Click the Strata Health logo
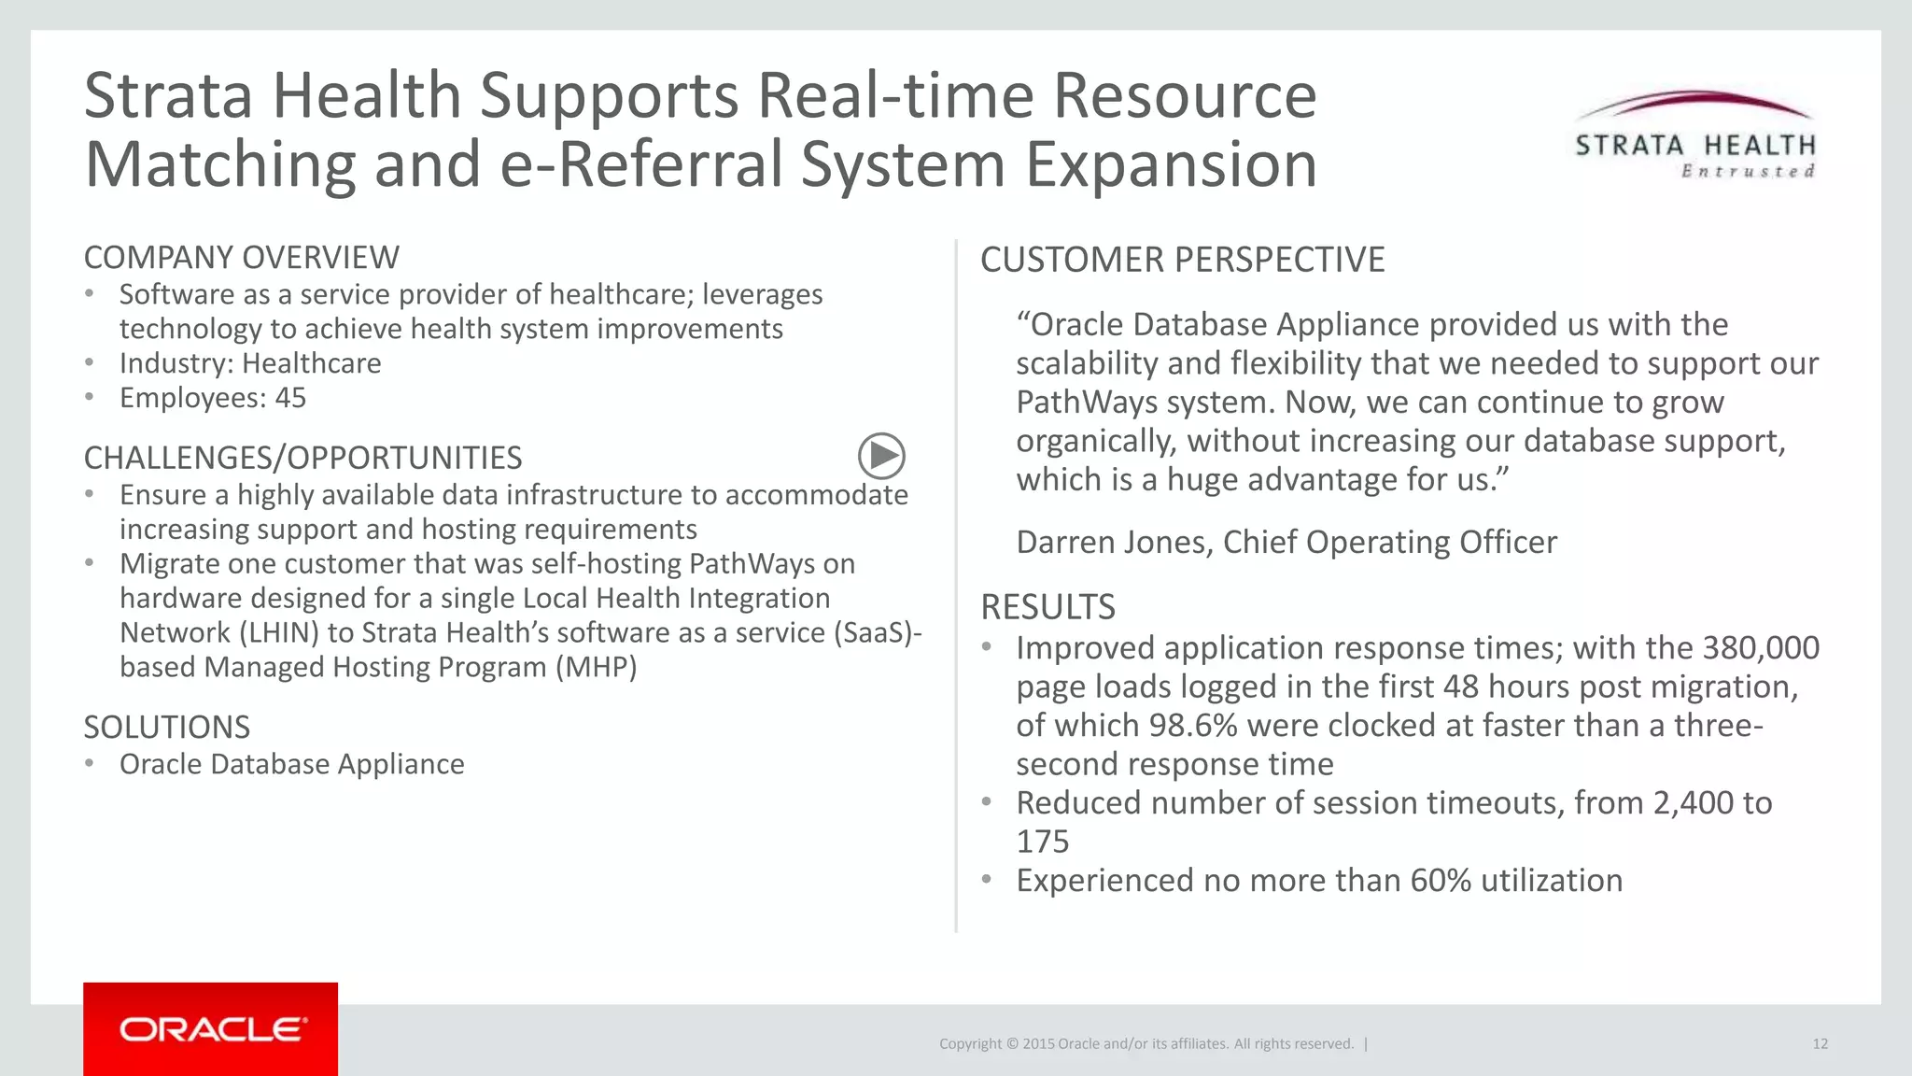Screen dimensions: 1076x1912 click(1694, 135)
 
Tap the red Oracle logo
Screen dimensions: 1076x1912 click(211, 1028)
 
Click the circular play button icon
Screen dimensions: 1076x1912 click(881, 456)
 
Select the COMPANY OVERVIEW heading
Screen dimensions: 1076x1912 click(241, 257)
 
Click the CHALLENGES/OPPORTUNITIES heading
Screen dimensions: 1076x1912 click(302, 458)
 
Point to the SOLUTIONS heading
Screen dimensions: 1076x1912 click(167, 727)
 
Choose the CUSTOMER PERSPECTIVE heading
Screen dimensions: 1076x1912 click(1182, 260)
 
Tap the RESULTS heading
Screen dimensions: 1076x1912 click(1047, 607)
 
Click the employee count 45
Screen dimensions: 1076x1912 click(290, 398)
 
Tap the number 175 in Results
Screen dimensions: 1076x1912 click(1042, 842)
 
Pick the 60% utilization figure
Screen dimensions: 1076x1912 click(1441, 880)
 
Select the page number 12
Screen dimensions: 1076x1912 click(1820, 1043)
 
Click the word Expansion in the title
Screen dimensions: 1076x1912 click(1171, 164)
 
